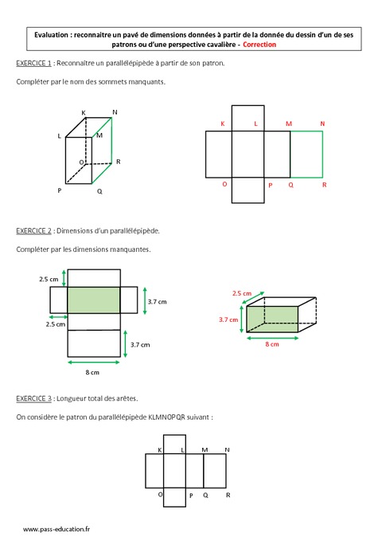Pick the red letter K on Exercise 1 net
pos(222,124)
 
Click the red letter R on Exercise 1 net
pos(324,184)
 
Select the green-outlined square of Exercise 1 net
pos(306,155)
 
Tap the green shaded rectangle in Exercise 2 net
pos(94,300)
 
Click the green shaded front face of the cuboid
pos(271,320)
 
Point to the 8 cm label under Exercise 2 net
pos(92,372)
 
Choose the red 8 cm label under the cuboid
pos(272,344)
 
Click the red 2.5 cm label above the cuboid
pos(241,293)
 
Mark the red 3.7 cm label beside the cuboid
pos(229,320)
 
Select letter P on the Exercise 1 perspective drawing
pos(60,191)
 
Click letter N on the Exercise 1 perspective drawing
pos(115,112)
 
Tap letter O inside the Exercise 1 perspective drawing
pos(80,162)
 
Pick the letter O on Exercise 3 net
pos(160,494)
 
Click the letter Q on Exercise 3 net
pos(205,495)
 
